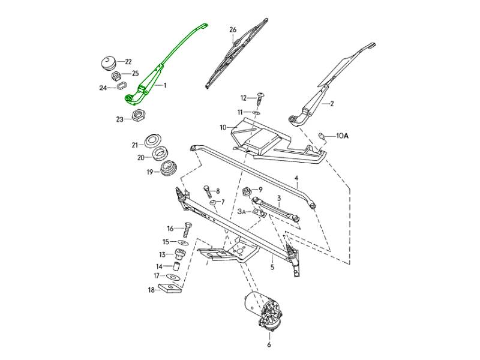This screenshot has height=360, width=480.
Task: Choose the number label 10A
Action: coord(341,136)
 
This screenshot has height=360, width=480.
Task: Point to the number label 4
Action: coord(296,178)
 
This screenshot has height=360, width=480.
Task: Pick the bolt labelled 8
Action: coord(208,191)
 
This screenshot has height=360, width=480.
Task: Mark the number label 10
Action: coord(223,127)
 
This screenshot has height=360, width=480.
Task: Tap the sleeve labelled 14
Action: coord(178,265)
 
